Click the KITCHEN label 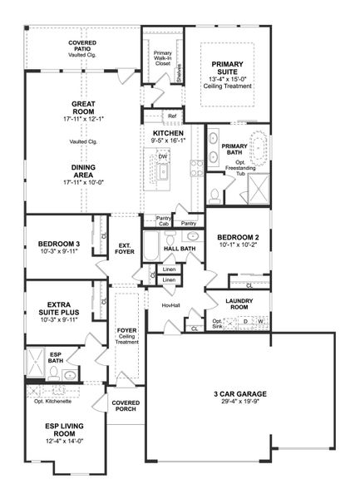(167, 133)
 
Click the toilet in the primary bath (215, 195)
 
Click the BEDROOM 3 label (58, 244)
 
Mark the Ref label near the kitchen (171, 116)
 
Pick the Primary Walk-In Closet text (163, 58)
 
